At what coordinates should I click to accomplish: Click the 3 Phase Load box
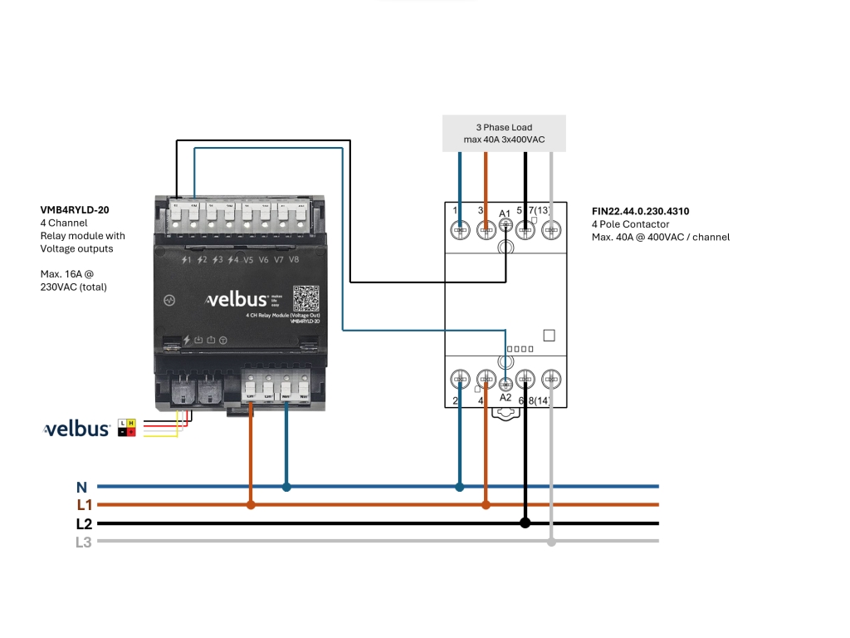click(504, 133)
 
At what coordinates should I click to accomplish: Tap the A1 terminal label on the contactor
click(505, 214)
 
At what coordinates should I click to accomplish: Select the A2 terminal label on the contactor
click(505, 398)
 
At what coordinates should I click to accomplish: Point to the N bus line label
click(81, 488)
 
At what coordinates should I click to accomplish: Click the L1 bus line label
click(84, 505)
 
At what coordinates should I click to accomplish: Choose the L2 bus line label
click(84, 524)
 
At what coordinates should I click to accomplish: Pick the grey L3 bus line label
click(84, 542)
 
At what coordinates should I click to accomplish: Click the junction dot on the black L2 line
click(525, 523)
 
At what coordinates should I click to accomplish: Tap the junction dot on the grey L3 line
click(551, 542)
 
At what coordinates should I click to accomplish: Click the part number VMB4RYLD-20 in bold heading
click(75, 210)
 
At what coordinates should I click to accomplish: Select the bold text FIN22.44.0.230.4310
click(640, 212)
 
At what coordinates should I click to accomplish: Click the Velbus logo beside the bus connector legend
click(77, 429)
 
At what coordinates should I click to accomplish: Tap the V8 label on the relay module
click(294, 260)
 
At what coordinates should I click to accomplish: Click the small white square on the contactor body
click(548, 336)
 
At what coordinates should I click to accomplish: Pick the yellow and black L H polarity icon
click(127, 428)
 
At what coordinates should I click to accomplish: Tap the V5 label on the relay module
click(248, 260)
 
